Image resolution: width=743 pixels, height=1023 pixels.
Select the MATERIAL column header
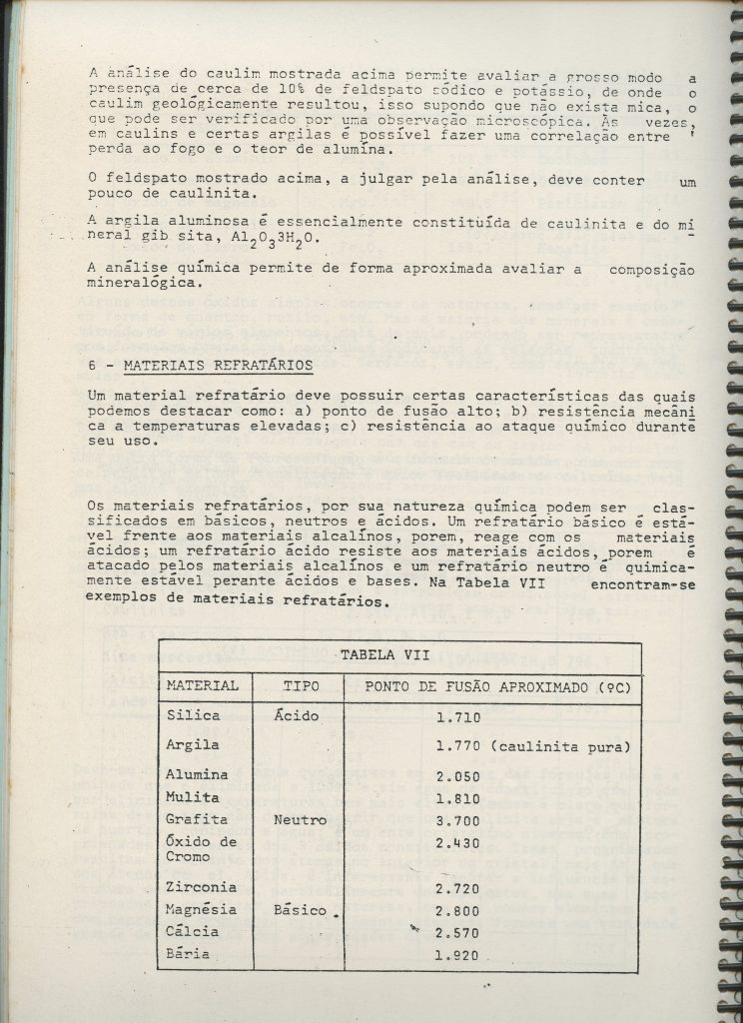(x=202, y=685)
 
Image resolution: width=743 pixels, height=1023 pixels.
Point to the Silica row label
(x=194, y=715)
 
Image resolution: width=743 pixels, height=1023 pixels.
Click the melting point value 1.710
(x=458, y=717)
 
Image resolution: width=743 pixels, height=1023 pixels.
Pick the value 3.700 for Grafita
(x=458, y=820)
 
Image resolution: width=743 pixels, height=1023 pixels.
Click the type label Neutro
(x=301, y=820)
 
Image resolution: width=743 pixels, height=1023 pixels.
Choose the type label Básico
(x=301, y=910)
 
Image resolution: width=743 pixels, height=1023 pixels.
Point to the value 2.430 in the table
(x=458, y=843)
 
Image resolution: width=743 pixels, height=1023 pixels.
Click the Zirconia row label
(x=203, y=886)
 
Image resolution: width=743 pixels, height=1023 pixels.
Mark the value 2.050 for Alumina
(x=458, y=776)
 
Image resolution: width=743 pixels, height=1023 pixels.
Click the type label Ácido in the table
(x=296, y=715)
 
